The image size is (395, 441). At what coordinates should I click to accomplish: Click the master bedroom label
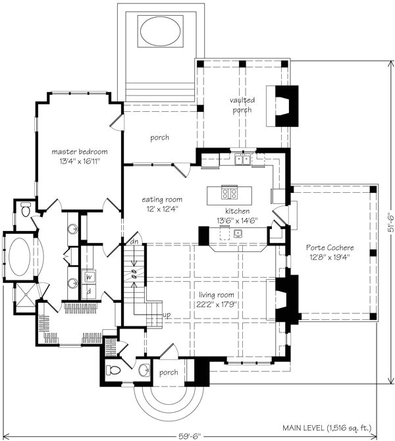coord(79,152)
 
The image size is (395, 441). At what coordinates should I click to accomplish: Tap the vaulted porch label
coord(242,105)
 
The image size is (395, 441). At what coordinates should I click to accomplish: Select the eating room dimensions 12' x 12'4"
coord(161,209)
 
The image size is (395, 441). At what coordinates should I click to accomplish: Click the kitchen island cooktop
coord(230,194)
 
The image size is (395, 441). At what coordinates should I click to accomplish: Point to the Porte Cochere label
coord(330,247)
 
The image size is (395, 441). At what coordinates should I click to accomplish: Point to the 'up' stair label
coord(167,315)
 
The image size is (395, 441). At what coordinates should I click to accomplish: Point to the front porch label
coord(168,373)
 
